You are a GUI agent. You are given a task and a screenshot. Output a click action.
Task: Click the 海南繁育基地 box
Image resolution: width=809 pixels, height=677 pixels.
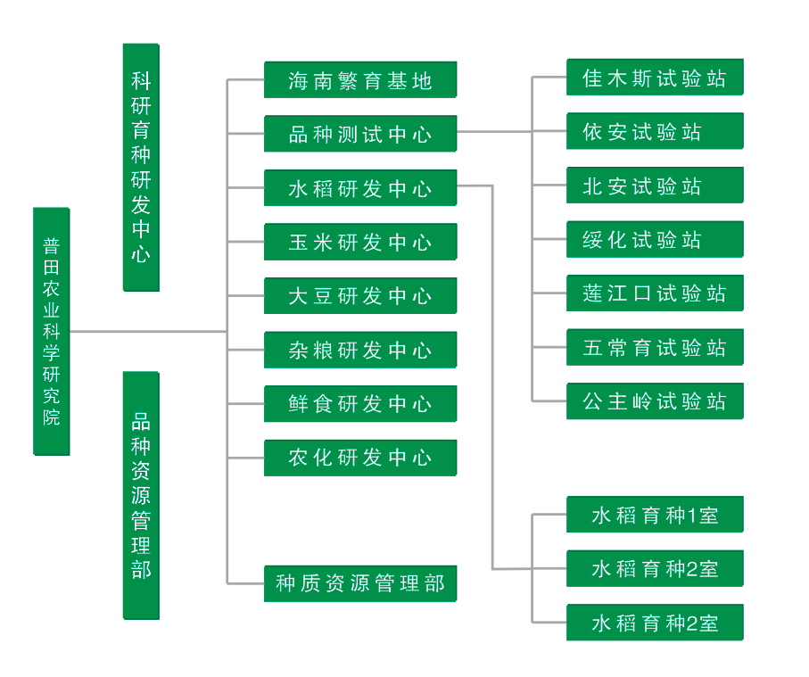point(360,80)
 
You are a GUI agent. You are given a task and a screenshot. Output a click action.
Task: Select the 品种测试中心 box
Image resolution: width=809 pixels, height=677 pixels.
point(360,134)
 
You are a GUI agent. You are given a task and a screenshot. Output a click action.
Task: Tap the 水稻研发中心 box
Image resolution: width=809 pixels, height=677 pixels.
point(360,188)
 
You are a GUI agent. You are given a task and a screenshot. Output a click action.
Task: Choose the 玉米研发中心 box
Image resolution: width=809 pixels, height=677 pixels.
point(360,242)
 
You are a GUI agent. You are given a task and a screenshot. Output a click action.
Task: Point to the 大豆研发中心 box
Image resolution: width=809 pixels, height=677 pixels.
point(360,295)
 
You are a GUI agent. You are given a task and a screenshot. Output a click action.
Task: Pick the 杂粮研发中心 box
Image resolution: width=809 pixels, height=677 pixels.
point(360,350)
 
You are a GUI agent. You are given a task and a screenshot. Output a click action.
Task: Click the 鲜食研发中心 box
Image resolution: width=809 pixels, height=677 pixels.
point(360,404)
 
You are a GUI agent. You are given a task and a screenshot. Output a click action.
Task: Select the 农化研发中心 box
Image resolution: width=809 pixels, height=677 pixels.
point(360,458)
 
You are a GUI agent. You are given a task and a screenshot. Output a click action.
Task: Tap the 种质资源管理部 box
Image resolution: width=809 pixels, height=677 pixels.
point(360,584)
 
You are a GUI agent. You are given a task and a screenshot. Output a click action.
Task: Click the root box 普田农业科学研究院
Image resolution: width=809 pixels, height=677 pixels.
point(52,331)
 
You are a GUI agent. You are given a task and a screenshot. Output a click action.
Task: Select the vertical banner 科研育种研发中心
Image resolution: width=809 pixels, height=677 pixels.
point(141,167)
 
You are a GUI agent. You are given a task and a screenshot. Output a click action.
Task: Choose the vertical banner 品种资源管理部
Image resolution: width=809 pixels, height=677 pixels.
point(141,495)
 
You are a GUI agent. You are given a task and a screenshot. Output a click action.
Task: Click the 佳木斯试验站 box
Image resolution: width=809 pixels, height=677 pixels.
point(655,78)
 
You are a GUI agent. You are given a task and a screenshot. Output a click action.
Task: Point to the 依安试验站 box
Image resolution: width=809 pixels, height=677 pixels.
point(655,132)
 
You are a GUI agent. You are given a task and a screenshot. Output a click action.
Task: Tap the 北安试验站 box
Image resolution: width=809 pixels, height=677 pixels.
point(655,186)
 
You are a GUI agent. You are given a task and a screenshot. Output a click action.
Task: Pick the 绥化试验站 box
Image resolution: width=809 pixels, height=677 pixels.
point(655,239)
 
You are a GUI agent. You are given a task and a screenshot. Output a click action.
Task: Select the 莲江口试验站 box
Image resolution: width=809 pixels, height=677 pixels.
point(655,293)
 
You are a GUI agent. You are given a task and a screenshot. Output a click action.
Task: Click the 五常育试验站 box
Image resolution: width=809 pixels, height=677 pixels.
point(655,347)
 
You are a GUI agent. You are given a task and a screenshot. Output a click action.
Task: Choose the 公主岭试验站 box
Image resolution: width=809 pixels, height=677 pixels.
point(655,401)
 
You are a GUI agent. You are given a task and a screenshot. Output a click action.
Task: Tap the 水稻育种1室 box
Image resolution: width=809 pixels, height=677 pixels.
point(655,515)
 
